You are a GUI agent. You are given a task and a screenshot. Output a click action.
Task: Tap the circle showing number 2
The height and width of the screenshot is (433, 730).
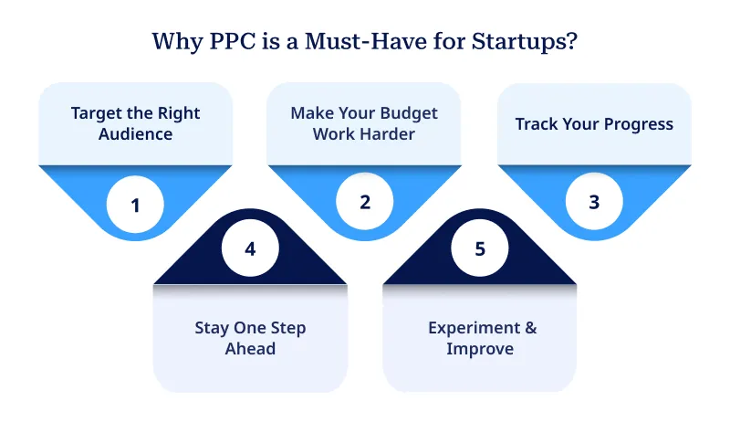click(365, 202)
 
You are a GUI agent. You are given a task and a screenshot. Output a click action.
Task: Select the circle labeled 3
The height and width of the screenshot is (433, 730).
click(594, 202)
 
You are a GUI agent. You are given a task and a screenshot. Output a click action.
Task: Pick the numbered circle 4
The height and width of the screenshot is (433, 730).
click(251, 248)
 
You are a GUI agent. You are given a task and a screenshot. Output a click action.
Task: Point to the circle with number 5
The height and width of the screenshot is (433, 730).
click(480, 248)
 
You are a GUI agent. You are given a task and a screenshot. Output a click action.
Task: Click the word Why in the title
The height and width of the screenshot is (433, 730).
click(175, 42)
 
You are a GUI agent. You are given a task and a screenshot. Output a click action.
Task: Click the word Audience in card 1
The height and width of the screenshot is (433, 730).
click(136, 135)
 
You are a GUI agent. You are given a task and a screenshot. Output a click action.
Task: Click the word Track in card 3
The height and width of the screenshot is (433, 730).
click(537, 123)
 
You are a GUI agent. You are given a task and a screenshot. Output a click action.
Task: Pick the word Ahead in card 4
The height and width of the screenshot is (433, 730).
click(250, 349)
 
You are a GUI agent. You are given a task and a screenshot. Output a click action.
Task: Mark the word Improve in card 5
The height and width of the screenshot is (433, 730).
click(480, 349)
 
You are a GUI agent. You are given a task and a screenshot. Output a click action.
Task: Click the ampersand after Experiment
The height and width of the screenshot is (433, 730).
click(524, 328)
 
